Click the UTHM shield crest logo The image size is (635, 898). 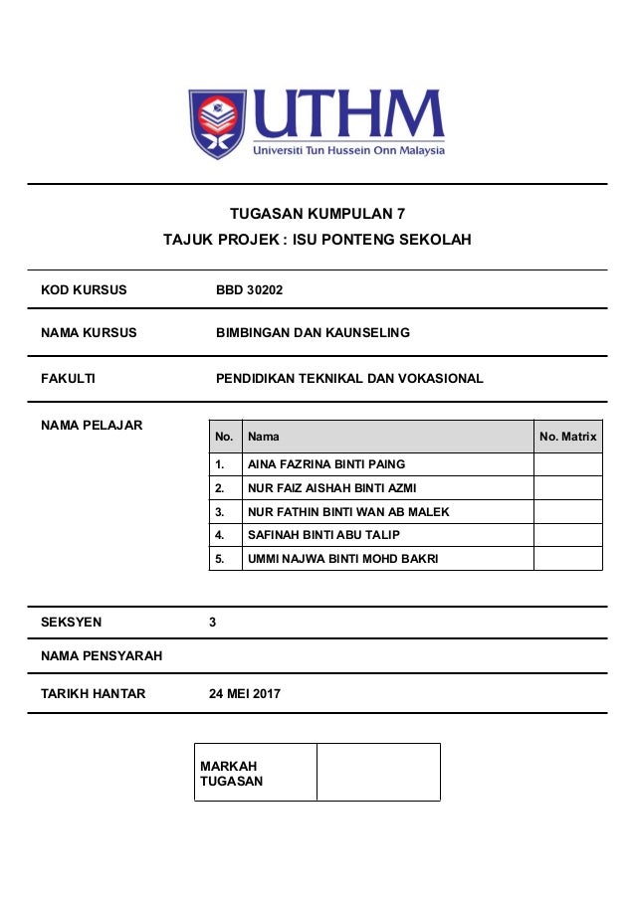coord(217,123)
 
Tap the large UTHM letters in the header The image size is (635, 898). coord(348,116)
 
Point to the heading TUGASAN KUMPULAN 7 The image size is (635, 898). coord(317,213)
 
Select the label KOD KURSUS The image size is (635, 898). coord(84,290)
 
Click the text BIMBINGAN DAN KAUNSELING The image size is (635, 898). coord(313,332)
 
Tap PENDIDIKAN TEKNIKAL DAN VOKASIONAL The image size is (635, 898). coord(349,378)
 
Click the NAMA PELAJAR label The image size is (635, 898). coord(92,426)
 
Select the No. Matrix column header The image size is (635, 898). coord(567,437)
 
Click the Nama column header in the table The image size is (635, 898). coord(264,437)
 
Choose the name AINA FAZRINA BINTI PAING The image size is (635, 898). coord(326,464)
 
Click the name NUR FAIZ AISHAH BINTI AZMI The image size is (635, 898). coord(331,488)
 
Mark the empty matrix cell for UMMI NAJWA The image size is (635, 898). coord(567,559)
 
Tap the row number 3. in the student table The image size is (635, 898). coord(220,512)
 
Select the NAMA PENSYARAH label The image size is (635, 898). coord(102,655)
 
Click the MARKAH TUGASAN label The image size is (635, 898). coord(231,774)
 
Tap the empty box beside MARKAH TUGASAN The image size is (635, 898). coord(378,772)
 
